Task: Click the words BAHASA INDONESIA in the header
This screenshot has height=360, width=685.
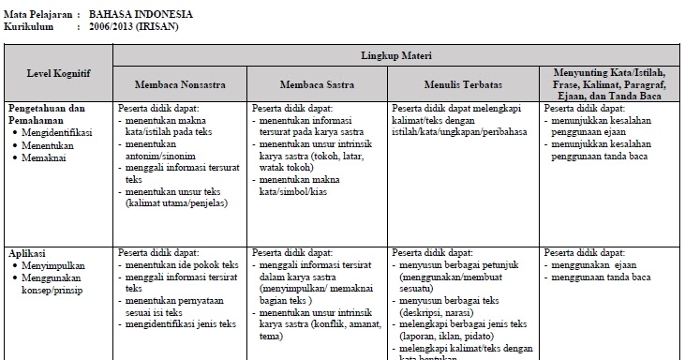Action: point(141,15)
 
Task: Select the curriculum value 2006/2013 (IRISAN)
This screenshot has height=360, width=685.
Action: point(133,27)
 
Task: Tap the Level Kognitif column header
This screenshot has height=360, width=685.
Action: point(55,72)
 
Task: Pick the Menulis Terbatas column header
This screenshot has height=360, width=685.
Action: point(461,84)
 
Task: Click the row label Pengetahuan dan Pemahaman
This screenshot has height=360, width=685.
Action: point(52,114)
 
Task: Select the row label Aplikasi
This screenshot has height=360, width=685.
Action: point(28,253)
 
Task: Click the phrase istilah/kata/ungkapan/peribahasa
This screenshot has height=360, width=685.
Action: point(459,132)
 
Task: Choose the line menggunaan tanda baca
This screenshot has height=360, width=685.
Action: point(603,278)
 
